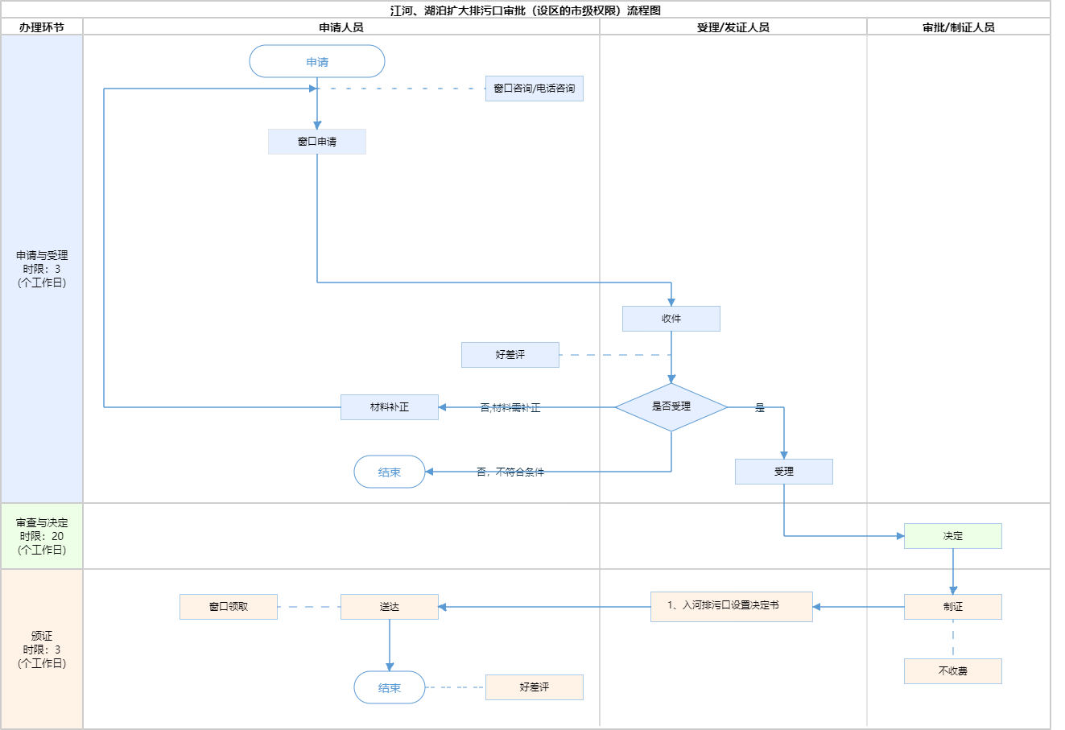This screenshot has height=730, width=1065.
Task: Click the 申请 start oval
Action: point(317,62)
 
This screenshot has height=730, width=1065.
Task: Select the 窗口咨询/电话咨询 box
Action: point(535,89)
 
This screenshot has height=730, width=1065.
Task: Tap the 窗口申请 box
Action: point(317,142)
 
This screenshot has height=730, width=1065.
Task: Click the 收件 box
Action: point(671,319)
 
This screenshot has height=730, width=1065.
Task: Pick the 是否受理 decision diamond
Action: point(671,407)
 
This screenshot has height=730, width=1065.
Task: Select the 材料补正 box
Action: point(390,407)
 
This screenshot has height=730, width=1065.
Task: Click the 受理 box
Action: point(784,472)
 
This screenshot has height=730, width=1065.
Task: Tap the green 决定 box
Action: point(953,536)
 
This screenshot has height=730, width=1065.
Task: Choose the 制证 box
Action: point(953,607)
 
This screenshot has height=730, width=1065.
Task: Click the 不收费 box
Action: point(953,671)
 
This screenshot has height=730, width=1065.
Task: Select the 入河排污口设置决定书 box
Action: point(731,606)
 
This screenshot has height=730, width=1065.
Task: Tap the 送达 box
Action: point(390,607)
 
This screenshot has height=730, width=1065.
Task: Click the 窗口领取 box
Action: point(229,607)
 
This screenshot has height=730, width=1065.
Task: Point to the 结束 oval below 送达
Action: point(390,687)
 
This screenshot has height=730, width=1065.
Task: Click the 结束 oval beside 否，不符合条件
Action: point(390,472)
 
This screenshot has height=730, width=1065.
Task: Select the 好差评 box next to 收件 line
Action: point(510,355)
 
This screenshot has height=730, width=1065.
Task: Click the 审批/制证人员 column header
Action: point(959,27)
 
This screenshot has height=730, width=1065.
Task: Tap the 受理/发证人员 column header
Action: point(733,27)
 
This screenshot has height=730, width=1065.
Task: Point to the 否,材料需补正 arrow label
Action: point(510,408)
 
